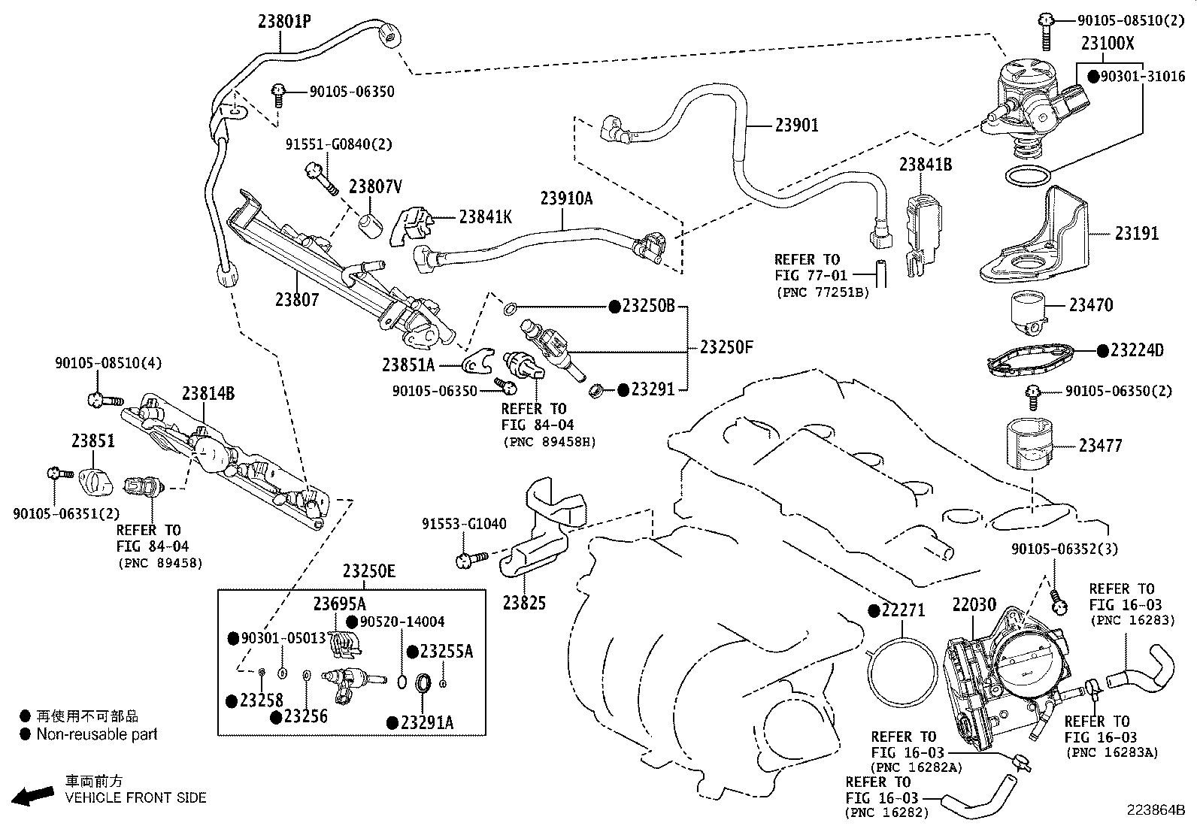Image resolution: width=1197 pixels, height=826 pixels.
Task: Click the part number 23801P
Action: pos(284,22)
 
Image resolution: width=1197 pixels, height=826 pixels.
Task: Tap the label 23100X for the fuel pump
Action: pos(1108,43)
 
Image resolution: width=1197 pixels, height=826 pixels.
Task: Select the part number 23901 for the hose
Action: pos(796,125)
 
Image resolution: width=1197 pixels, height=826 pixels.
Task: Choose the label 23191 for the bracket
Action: pos(1136,234)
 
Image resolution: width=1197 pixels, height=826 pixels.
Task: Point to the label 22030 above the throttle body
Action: pos(974,605)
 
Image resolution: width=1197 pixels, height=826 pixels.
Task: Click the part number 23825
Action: pos(524,603)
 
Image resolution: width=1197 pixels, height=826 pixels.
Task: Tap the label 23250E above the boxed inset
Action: pos(368,571)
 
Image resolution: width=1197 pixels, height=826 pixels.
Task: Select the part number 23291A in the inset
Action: pos(426,722)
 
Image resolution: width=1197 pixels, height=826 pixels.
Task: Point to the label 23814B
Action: pos(208,393)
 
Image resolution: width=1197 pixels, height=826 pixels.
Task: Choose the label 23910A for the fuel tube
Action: pos(566,198)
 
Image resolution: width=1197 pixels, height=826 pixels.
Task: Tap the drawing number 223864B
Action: pos(1155,810)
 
